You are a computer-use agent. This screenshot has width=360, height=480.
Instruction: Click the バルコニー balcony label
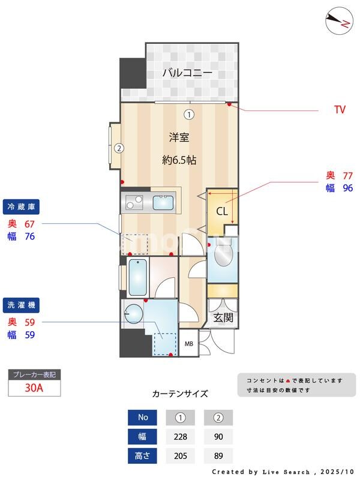pos(187,73)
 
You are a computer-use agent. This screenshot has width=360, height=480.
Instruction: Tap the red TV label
pos(340,110)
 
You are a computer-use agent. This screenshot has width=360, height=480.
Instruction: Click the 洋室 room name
pos(179,137)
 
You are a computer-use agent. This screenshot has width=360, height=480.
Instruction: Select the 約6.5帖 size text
pos(179,160)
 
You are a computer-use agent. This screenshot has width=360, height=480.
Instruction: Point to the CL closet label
pos(221,211)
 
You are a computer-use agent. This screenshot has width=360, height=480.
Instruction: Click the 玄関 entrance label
pos(223,317)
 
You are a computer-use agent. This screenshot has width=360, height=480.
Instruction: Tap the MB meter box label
pos(188,344)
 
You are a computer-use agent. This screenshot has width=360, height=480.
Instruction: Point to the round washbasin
pos(133,313)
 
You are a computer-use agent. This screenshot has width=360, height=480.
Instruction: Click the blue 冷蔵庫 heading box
pos(21,206)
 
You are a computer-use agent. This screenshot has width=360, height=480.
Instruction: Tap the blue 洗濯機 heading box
pos(21,305)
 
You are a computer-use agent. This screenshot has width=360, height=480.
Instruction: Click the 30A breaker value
pos(34,388)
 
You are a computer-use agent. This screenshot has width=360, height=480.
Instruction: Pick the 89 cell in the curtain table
pos(218,456)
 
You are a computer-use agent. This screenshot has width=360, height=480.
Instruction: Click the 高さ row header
pos(143,456)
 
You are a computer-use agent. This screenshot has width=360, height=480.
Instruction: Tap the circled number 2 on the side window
pos(119,148)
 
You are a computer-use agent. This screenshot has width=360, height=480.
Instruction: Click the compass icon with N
pos(339,22)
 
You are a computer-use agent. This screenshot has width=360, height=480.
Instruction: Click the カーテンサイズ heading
pos(180,394)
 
